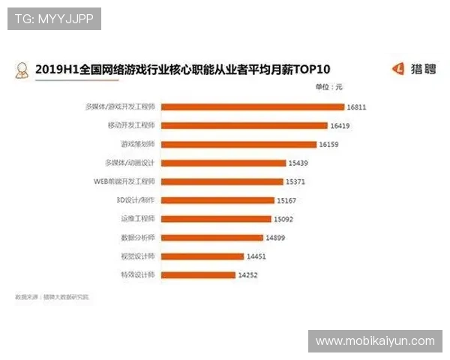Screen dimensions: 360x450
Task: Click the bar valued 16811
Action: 252,106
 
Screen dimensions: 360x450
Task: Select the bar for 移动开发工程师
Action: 244,125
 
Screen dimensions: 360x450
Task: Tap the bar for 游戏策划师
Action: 238,144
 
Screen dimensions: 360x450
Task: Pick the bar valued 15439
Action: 223,163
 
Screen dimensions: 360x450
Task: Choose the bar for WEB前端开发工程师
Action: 221,181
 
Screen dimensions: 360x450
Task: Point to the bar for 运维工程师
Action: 215,219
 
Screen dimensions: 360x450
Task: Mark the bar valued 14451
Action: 202,256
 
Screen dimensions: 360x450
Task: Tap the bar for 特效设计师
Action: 197,275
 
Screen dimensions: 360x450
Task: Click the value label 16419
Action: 340,125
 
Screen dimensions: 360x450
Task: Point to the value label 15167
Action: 286,200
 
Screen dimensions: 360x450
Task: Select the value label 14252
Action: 247,275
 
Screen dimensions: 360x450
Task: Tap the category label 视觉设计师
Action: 138,256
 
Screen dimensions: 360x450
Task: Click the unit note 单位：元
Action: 328,88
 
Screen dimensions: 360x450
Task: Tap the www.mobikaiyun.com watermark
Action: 375,341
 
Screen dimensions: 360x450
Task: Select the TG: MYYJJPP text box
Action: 54,18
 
